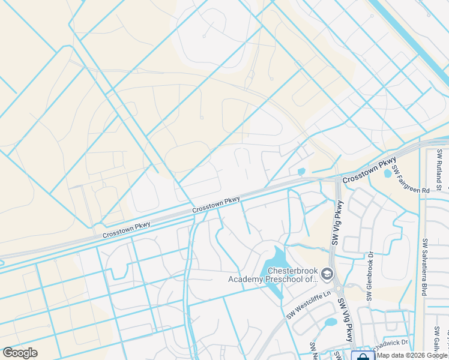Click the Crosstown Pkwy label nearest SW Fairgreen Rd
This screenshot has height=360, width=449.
coord(370,171)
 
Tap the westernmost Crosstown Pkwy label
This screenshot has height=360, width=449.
coord(126,230)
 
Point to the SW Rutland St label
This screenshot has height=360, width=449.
coord(439,170)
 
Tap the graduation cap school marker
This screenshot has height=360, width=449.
coord(327,275)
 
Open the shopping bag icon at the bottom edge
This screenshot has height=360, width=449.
coord(362,355)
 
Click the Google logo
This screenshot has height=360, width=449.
coord(20,353)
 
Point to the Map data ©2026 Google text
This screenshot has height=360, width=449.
coord(412,355)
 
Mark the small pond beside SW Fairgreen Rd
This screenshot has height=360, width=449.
coord(388,174)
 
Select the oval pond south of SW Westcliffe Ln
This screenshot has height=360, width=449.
coord(331,323)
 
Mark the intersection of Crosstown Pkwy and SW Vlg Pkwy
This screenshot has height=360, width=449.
coord(337,178)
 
